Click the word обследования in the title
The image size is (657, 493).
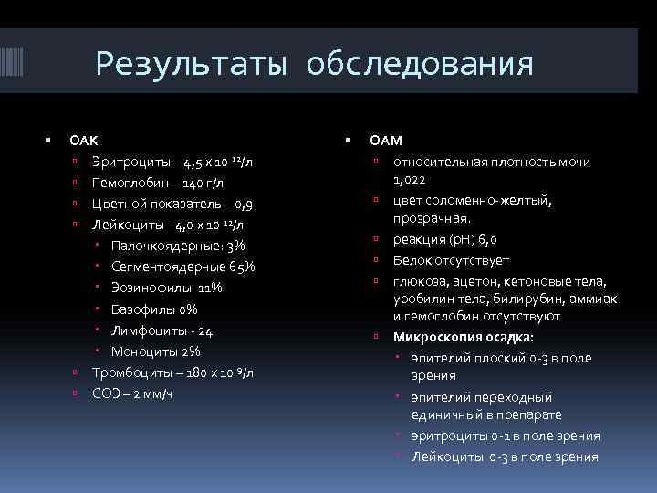coord(420,65)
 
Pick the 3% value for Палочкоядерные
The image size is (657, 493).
coord(236,246)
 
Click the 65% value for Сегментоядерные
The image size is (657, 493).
coord(242,267)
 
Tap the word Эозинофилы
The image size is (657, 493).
coord(150,288)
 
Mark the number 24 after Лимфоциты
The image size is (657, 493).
coord(206,330)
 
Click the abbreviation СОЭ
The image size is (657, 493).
coord(106,393)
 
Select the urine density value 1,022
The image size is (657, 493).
coord(412,180)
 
